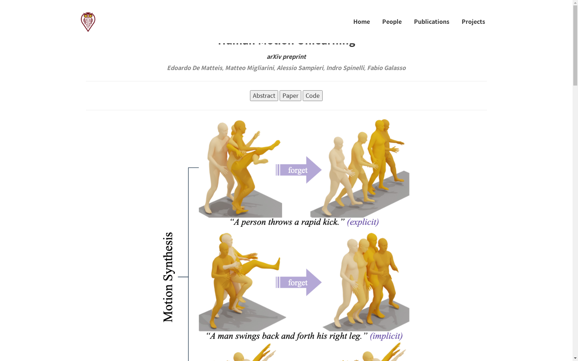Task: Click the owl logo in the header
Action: [88, 22]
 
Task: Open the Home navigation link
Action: [361, 22]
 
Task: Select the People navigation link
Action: [392, 22]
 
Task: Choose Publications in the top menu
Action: [431, 22]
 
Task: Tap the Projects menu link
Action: [473, 22]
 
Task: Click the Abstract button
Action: [264, 96]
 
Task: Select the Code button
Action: [312, 96]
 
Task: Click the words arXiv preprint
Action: [286, 57]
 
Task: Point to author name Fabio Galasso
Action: [386, 68]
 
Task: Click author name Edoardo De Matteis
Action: [194, 68]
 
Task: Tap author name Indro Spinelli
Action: [345, 68]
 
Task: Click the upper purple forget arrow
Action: [298, 170]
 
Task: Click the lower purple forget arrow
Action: [298, 282]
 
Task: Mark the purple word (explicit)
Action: [363, 222]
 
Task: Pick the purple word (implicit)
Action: [386, 336]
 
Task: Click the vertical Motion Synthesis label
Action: [168, 277]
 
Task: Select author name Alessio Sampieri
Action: [300, 68]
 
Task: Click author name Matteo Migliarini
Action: [249, 68]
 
